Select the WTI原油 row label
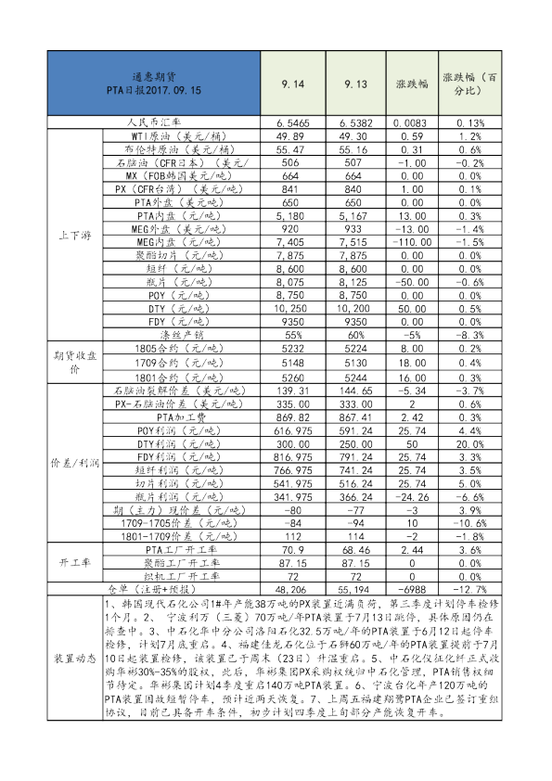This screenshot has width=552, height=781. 173,135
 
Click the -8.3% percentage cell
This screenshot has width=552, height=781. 472,334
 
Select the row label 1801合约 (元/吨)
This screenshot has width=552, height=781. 173,378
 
